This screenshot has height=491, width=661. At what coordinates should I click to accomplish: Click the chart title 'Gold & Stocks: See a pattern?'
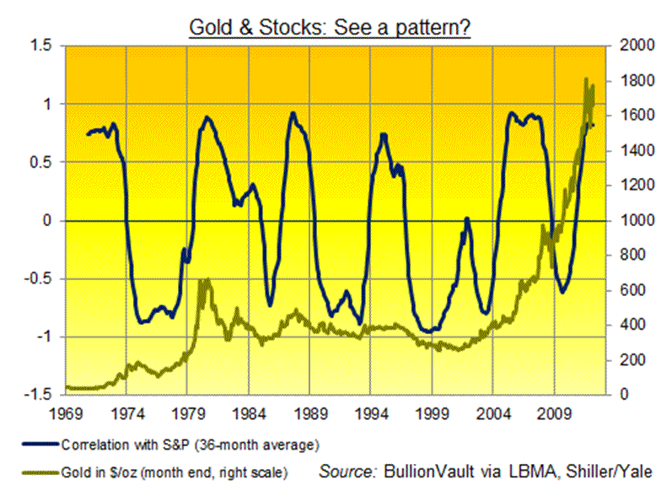[x=329, y=27]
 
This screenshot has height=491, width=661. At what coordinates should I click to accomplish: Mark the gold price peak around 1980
[x=202, y=280]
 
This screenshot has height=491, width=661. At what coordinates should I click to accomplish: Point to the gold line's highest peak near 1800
[x=586, y=79]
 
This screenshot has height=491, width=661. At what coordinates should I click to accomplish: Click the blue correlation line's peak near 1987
[x=293, y=113]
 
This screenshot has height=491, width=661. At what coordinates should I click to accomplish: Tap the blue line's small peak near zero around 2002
[x=466, y=219]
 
